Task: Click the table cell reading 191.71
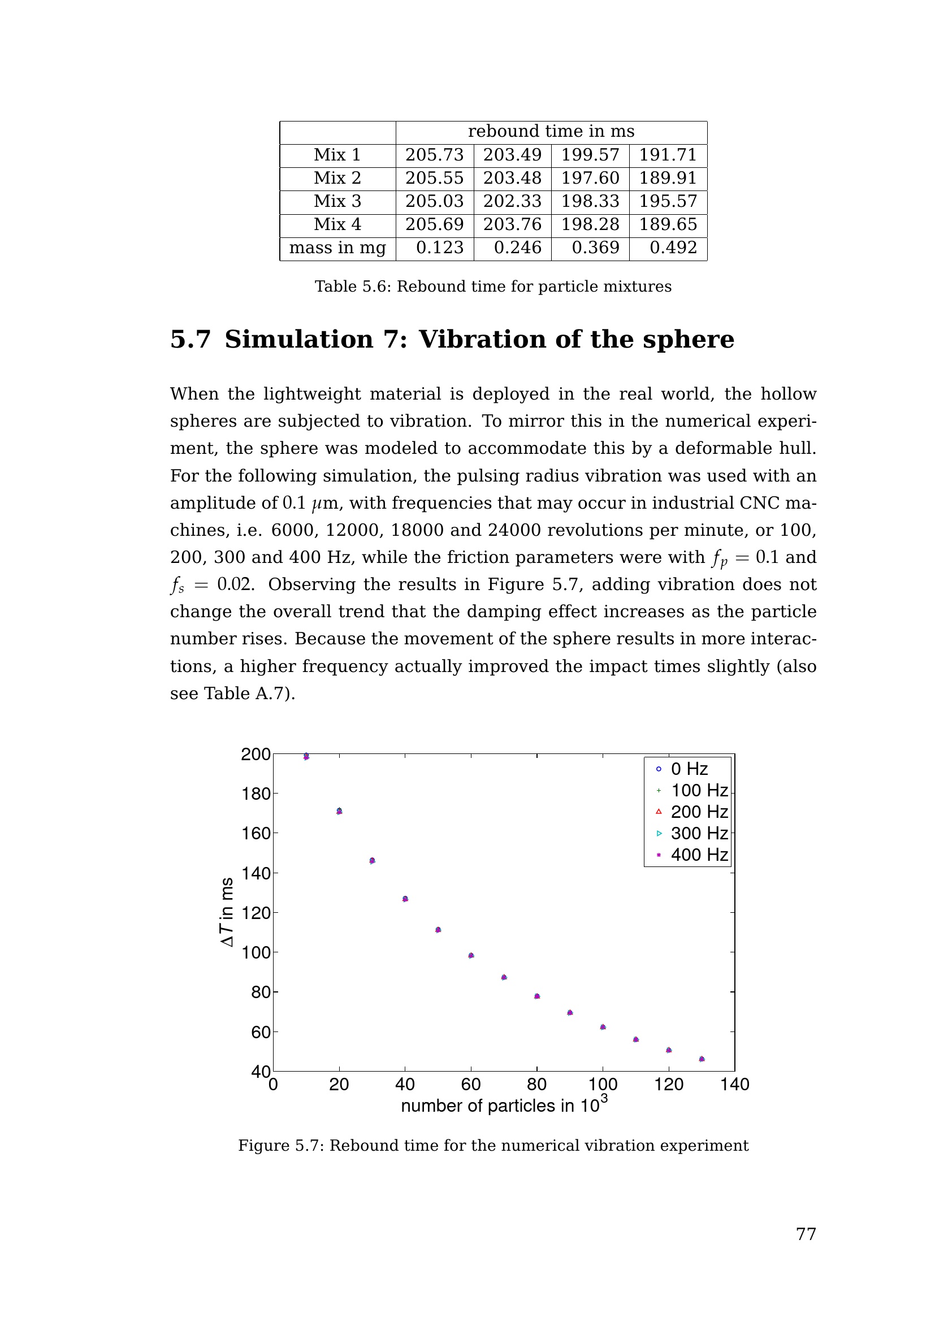(x=668, y=155)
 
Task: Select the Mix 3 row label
(x=337, y=201)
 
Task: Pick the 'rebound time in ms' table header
(x=551, y=132)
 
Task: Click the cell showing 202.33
(x=512, y=201)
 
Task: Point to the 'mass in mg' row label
(x=337, y=248)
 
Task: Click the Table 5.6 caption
(x=493, y=287)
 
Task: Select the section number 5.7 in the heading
(x=191, y=340)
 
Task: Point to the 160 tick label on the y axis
(x=256, y=834)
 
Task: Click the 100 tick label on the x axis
(x=603, y=1085)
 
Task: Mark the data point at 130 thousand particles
(x=701, y=1059)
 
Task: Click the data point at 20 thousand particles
(x=339, y=811)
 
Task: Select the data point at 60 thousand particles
(x=471, y=955)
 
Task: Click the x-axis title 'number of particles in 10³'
(x=504, y=1106)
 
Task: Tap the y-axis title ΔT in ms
(x=227, y=912)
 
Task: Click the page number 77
(x=806, y=1234)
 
